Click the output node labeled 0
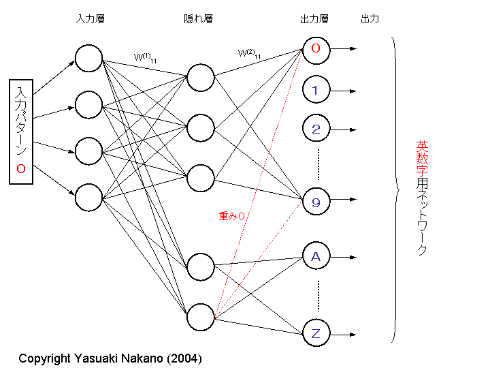[x=316, y=49]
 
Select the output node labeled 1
[x=316, y=90]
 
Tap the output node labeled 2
[x=316, y=129]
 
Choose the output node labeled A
[x=316, y=257]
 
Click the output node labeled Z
[x=316, y=334]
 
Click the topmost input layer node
[x=88, y=58]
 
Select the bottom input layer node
[x=88, y=196]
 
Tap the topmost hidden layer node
[x=200, y=77]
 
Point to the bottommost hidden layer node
[x=200, y=316]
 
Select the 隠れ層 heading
[x=199, y=19]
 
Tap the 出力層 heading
[x=314, y=19]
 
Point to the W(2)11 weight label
[x=249, y=52]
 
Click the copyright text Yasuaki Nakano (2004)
[x=110, y=358]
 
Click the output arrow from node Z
[x=344, y=334]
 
